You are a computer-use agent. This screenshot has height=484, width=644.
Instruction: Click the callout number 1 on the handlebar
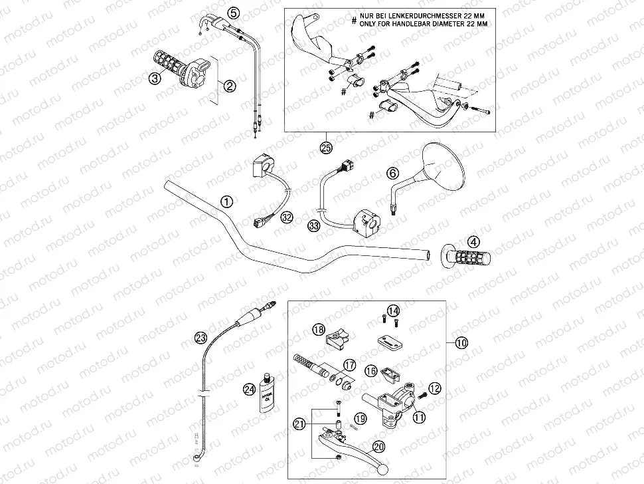227,201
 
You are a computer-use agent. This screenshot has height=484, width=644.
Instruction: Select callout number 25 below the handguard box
326,148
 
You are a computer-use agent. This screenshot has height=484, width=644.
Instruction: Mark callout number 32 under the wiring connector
286,217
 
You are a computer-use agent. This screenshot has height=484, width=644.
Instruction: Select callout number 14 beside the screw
394,310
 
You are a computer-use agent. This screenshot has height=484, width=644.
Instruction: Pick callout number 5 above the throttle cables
232,12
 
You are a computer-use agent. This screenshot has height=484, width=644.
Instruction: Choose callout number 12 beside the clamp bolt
434,388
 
